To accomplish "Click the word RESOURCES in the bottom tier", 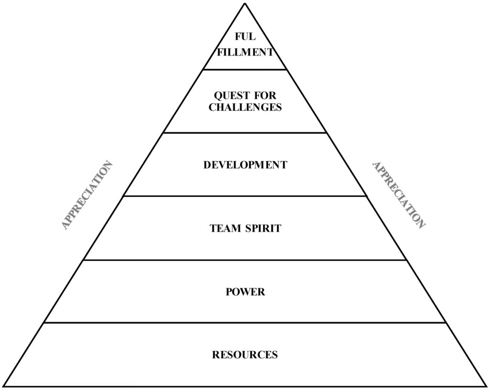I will click(245, 355).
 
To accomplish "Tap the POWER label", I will click(245, 292).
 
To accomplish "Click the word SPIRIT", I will click(263, 228).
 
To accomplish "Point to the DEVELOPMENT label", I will click(245, 165).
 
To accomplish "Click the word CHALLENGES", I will click(245, 107).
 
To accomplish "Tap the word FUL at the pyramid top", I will click(245, 37).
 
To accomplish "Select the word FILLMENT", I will click(245, 52).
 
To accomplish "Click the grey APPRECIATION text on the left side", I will click(88, 195).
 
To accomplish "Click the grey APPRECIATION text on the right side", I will click(399, 195).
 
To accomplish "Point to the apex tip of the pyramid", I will click(245, 4).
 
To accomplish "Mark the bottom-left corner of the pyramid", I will click(5, 386).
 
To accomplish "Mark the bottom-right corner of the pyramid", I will click(485, 386).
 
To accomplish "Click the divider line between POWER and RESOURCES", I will click(245, 323).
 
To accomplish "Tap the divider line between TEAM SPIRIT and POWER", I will click(245, 260).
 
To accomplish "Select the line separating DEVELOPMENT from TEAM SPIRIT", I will click(245, 196).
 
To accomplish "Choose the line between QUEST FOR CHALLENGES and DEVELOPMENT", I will click(245, 133).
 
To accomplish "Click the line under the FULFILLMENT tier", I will click(245, 70).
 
